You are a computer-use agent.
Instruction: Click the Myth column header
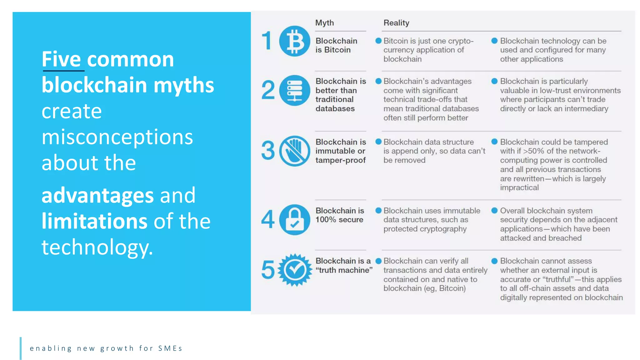[324, 23]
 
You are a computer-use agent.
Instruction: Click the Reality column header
[396, 23]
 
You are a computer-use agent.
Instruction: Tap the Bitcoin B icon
[294, 41]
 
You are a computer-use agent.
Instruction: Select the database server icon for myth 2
[294, 90]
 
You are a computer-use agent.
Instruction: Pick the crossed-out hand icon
[294, 151]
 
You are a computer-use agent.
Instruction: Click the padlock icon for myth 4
[294, 220]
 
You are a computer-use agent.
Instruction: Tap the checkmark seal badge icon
[294, 270]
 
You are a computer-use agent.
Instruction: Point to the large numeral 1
[267, 41]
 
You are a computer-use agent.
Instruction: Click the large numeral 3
[268, 151]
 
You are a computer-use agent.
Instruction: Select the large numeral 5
[268, 270]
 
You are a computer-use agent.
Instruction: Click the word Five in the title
[62, 59]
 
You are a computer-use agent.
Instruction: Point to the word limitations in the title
[94, 221]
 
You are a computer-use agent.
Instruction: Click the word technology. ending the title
[97, 247]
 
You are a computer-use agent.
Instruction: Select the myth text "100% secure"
[339, 220]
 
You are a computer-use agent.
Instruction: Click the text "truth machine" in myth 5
[344, 270]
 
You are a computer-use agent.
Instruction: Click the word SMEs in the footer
[170, 348]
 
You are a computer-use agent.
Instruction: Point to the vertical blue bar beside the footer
[21, 348]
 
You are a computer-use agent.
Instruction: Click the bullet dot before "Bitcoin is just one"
[378, 41]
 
